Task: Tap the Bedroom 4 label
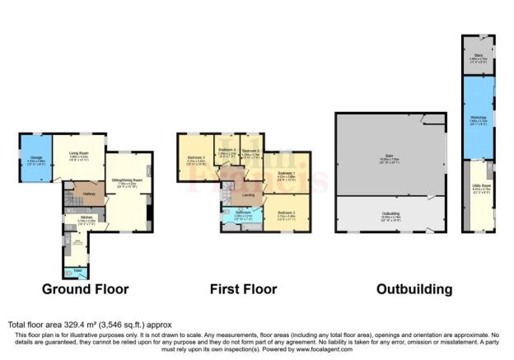[227, 151]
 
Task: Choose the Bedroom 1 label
[287, 174]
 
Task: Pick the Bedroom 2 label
[285, 215]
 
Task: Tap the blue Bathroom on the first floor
[242, 216]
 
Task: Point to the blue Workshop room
[477, 119]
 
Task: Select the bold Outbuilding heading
[414, 289]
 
